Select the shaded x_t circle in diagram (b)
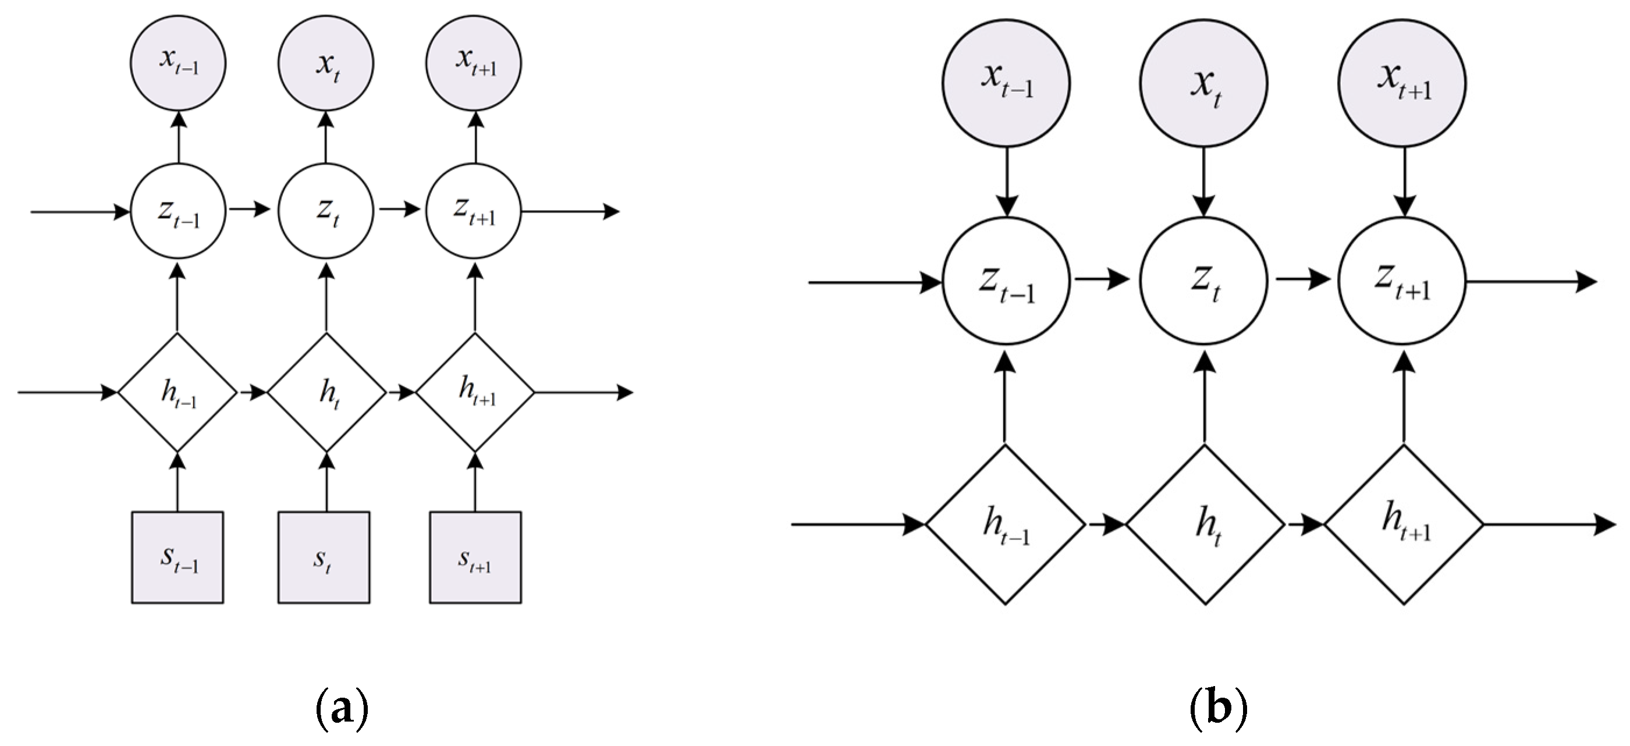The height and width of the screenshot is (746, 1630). click(x=1203, y=84)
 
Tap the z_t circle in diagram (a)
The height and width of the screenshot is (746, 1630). click(x=326, y=211)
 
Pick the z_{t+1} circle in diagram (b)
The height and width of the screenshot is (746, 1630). click(x=1402, y=281)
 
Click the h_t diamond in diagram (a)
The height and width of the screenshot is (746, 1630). click(x=326, y=392)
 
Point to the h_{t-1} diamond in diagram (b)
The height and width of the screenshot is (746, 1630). click(x=1005, y=524)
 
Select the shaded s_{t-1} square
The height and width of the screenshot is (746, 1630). click(x=177, y=557)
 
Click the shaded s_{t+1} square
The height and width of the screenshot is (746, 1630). click(x=475, y=557)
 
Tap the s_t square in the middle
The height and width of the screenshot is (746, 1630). click(x=324, y=557)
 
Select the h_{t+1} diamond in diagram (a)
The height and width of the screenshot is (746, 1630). click(x=475, y=392)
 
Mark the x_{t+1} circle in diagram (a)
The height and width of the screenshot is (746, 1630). click(x=473, y=63)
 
